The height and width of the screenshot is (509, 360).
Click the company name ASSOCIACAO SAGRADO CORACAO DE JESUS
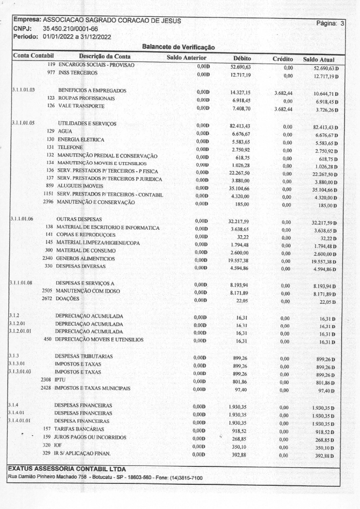pyautogui.click(x=112, y=21)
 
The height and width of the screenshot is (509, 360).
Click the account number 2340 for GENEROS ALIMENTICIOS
pyautogui.click(x=47, y=259)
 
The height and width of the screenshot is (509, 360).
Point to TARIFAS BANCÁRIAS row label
pyautogui.click(x=80, y=429)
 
